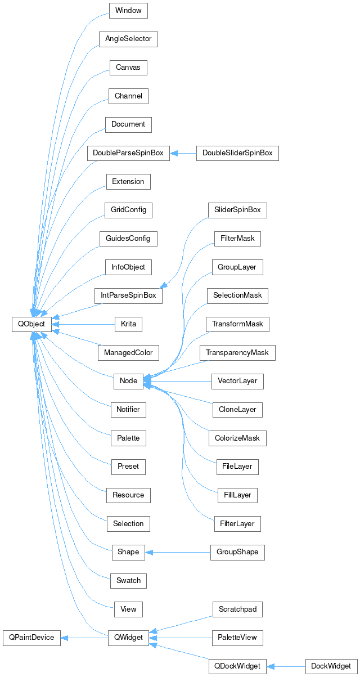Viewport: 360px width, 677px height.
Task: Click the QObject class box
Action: tap(31, 324)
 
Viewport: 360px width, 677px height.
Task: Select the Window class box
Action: tap(128, 11)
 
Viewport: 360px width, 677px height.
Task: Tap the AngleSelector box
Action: tap(128, 39)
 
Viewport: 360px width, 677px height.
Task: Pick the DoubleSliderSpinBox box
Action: tap(237, 153)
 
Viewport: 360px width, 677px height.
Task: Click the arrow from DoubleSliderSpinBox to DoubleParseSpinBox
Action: tap(183, 153)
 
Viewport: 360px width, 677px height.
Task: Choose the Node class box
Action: tap(128, 381)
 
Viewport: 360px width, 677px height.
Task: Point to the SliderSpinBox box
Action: tap(237, 210)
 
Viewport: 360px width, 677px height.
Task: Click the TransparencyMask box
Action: tap(237, 353)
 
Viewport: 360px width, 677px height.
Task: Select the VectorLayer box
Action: tap(237, 381)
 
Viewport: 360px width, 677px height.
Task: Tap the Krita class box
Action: tap(128, 324)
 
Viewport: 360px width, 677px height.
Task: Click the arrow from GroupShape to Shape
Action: tap(177, 552)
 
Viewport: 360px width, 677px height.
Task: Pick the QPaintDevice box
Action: tap(31, 638)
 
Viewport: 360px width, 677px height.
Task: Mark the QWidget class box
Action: tap(128, 638)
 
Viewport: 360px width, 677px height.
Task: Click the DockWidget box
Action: tap(331, 666)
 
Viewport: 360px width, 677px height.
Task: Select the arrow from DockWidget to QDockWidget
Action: tap(286, 666)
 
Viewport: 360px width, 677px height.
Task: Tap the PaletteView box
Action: tap(237, 638)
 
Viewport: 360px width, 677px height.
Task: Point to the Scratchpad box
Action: tap(237, 609)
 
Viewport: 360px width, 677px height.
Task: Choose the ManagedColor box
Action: tap(128, 353)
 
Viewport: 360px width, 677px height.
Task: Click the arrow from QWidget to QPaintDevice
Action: tap(84, 638)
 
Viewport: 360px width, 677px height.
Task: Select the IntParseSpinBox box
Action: tap(128, 295)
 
